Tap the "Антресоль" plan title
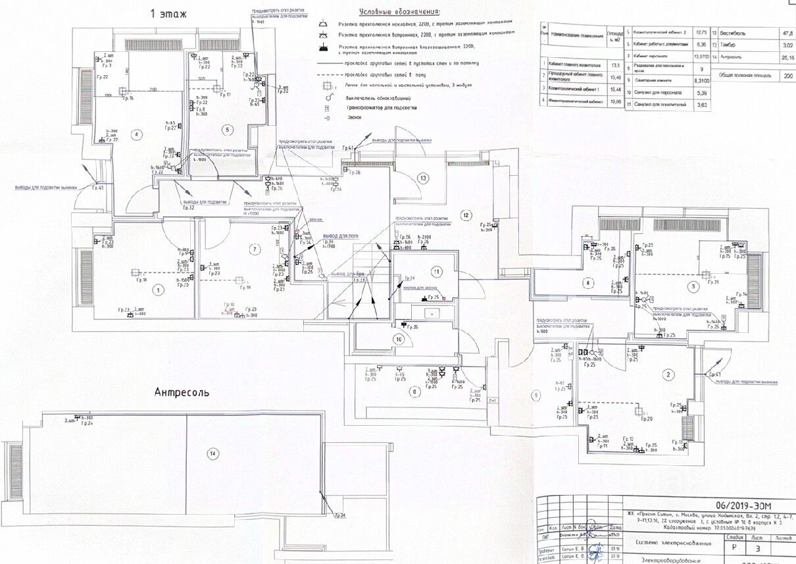click(x=182, y=392)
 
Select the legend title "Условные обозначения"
click(x=401, y=12)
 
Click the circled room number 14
click(x=212, y=453)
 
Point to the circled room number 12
click(x=466, y=215)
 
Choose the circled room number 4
click(x=137, y=136)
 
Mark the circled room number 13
click(x=423, y=178)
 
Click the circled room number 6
click(x=587, y=283)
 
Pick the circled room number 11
click(x=435, y=271)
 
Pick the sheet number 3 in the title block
click(x=759, y=548)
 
